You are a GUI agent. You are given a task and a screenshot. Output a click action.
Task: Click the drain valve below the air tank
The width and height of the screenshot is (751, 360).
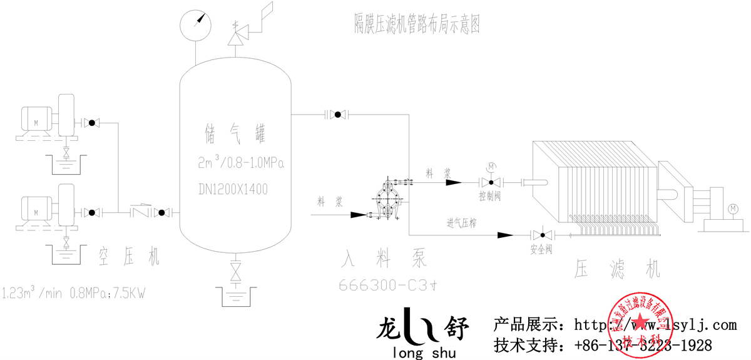point(236,272)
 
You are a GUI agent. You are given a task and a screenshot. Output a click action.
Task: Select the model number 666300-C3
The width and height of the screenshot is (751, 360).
point(383,285)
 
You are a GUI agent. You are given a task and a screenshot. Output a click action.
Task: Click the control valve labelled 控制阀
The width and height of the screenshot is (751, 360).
point(491,183)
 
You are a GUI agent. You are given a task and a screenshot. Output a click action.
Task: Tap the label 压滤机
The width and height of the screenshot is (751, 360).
point(617,269)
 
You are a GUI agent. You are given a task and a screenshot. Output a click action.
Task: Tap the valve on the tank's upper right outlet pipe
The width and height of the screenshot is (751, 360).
point(338,114)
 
